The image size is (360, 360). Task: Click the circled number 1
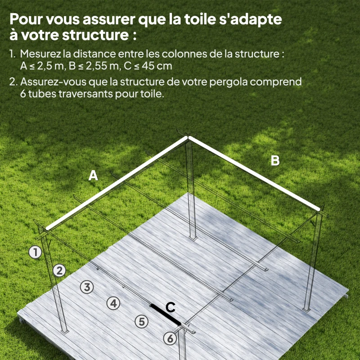pyautogui.click(x=35, y=252)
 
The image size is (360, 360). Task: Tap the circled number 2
pyautogui.click(x=59, y=270)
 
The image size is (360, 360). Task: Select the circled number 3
pyautogui.click(x=87, y=287)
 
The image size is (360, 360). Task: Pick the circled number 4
pyautogui.click(x=113, y=303)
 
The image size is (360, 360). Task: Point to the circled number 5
pyautogui.click(x=142, y=321)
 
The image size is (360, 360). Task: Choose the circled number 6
pyautogui.click(x=170, y=338)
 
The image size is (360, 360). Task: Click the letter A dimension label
pyautogui.click(x=93, y=176)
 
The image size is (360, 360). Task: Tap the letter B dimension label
pyautogui.click(x=275, y=161)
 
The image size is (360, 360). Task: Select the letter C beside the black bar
pyautogui.click(x=170, y=307)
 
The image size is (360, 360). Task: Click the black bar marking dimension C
pyautogui.click(x=166, y=314)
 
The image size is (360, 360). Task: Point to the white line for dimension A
pyautogui.click(x=117, y=183)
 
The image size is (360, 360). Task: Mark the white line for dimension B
pyautogui.click(x=254, y=173)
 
